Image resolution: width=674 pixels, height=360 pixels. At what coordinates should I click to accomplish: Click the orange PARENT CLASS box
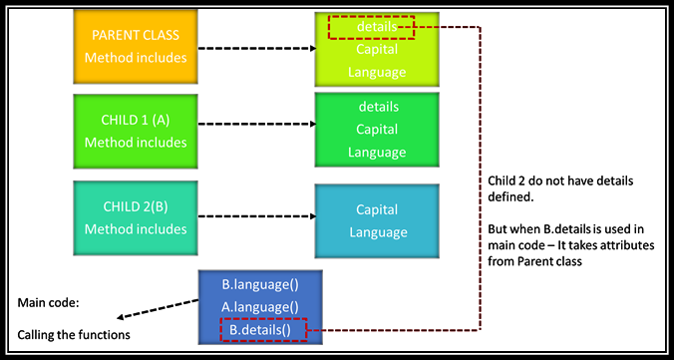coord(135,47)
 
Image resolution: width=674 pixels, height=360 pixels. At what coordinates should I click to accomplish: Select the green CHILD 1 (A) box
coord(135,131)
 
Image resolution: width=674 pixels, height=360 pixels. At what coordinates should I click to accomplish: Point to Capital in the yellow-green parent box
coord(377,50)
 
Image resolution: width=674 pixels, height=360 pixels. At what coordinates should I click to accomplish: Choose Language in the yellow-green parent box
coord(377,72)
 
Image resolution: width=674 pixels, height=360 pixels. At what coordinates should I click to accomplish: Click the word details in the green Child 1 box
coord(377,106)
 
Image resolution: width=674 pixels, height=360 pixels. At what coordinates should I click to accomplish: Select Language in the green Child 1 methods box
coord(377,153)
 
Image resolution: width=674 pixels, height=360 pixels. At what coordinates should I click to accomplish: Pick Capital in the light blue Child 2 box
coord(377,209)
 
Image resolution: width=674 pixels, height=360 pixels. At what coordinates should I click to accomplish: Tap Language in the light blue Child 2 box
coord(377,232)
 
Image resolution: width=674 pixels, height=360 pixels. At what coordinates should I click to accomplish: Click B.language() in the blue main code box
coord(259,285)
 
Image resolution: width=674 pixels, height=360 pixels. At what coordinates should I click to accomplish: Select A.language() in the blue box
coord(259,306)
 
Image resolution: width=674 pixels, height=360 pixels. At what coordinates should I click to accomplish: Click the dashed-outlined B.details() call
coord(263,328)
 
